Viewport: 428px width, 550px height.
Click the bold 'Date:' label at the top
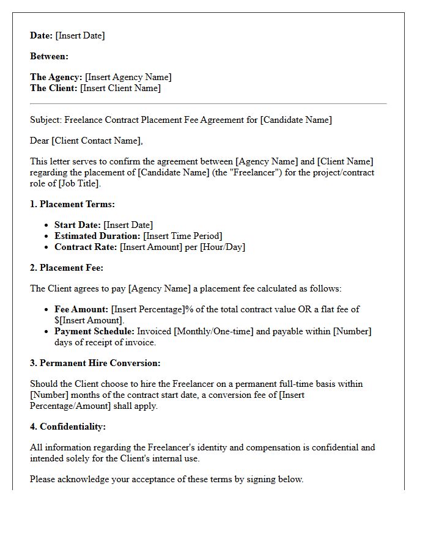point(42,35)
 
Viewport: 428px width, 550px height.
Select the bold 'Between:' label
point(50,56)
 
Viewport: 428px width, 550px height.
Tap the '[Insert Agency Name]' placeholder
point(128,77)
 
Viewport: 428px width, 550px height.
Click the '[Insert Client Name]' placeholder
point(120,88)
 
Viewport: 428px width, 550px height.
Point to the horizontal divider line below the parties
point(208,104)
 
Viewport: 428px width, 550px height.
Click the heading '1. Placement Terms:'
point(72,204)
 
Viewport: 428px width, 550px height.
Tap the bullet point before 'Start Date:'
point(48,226)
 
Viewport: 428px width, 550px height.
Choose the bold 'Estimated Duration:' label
point(97,236)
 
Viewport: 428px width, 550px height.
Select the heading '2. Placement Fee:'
point(67,268)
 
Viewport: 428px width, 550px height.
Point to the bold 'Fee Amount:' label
point(81,309)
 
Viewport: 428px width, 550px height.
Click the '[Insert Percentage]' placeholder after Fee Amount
point(147,309)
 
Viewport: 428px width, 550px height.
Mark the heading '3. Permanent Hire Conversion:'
point(95,363)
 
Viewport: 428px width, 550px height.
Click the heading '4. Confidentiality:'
point(68,427)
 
